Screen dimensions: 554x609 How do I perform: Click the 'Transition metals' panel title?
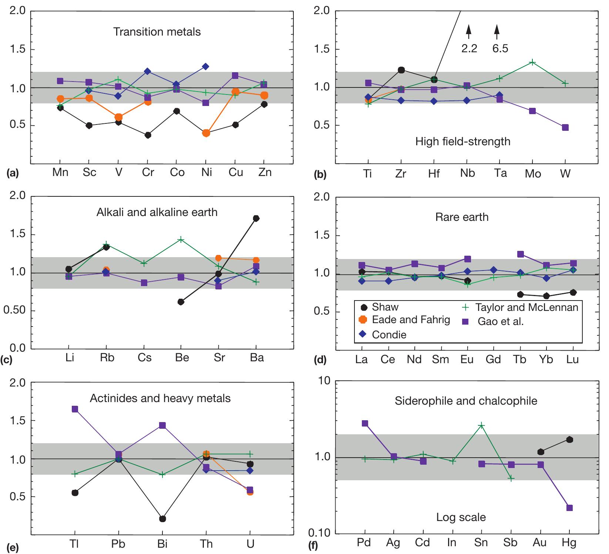[x=157, y=32]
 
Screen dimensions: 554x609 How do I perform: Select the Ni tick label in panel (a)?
[x=206, y=173]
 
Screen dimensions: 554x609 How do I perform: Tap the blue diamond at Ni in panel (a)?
[x=206, y=67]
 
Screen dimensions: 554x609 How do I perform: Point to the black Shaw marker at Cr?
[x=148, y=135]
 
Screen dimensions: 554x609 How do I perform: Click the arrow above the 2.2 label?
[x=469, y=31]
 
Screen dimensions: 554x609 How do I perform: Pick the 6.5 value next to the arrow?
[x=500, y=49]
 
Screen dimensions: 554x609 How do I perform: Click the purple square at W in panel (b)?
[x=565, y=127]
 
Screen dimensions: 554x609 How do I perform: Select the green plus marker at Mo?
[x=532, y=62]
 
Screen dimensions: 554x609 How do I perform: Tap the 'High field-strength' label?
[x=462, y=142]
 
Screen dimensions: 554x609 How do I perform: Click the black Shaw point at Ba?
[x=256, y=218]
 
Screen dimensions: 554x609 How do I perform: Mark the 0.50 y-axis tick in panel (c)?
[x=14, y=311]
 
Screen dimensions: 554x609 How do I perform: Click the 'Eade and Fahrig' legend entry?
[x=411, y=320]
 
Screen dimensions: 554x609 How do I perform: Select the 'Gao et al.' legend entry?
[x=501, y=321]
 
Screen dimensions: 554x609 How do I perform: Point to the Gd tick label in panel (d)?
[x=493, y=359]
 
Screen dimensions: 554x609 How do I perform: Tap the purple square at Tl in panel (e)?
[x=75, y=409]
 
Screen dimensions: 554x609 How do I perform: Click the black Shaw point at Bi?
[x=162, y=519]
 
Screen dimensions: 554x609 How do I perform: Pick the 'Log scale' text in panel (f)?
[x=461, y=517]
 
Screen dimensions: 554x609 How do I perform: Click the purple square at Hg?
[x=569, y=508]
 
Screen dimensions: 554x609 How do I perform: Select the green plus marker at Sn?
[x=481, y=425]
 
